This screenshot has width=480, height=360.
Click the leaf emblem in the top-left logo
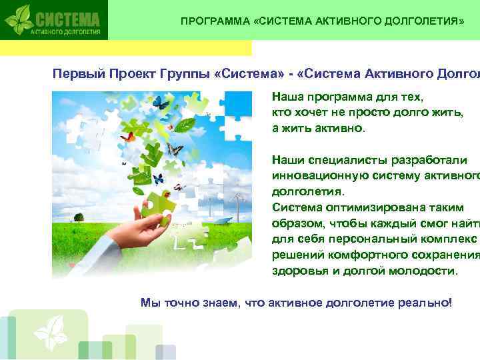coord(19,20)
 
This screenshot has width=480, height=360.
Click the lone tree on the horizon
coord(79,217)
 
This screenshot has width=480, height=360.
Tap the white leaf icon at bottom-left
coord(51,331)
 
